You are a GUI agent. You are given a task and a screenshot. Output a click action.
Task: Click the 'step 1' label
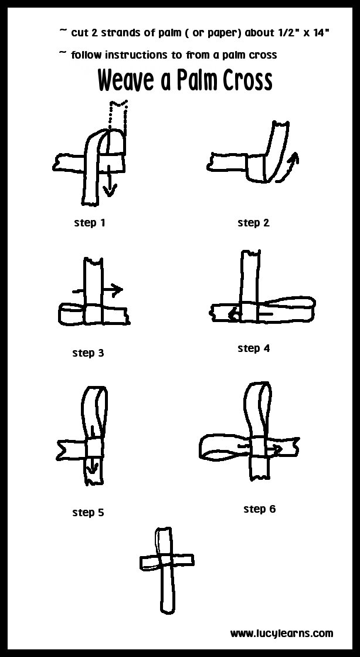coord(90,223)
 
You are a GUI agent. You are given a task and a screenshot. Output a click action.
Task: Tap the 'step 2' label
coord(253,223)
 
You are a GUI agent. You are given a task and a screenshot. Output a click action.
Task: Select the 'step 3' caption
coord(88,353)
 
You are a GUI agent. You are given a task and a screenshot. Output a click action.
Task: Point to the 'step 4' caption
coord(253,348)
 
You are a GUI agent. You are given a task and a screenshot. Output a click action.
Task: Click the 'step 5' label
coord(88,513)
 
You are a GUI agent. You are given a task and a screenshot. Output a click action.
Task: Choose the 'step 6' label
coord(259,509)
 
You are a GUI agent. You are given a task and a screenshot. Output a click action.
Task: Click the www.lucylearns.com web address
coord(281,634)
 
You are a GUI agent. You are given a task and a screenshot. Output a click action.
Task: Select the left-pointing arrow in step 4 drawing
coord(236,314)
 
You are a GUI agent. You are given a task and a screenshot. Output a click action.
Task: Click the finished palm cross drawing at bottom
coord(164,569)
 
